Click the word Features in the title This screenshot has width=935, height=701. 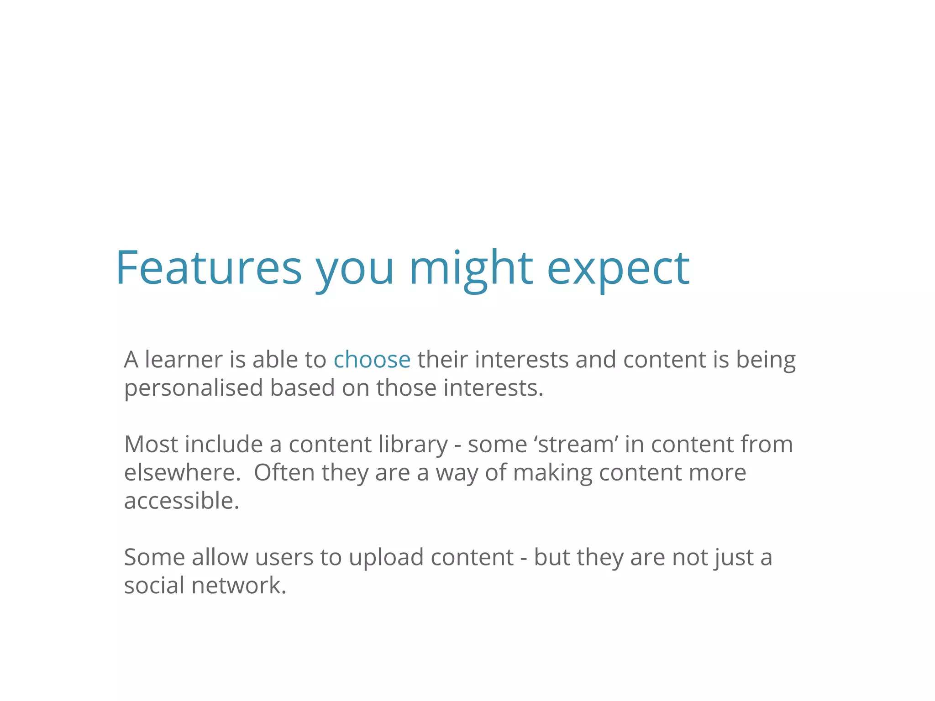click(x=209, y=268)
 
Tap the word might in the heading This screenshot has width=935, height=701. click(x=471, y=268)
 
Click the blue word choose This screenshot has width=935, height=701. click(x=372, y=360)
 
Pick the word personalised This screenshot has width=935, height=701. click(x=194, y=388)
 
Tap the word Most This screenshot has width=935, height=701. click(x=151, y=444)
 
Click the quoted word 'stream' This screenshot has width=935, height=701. click(x=575, y=444)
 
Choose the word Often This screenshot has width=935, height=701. click(x=284, y=472)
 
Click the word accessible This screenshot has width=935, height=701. click(x=181, y=501)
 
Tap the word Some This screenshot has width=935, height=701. click(x=154, y=557)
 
